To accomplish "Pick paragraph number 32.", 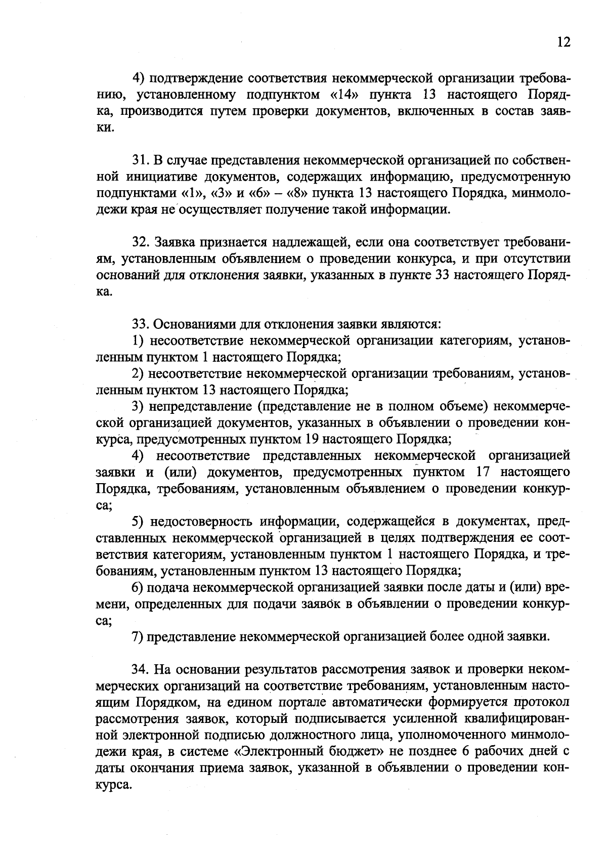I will point(141,242).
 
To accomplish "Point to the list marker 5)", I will point(139,522).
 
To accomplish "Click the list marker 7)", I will point(139,636).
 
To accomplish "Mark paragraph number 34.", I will point(141,669).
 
